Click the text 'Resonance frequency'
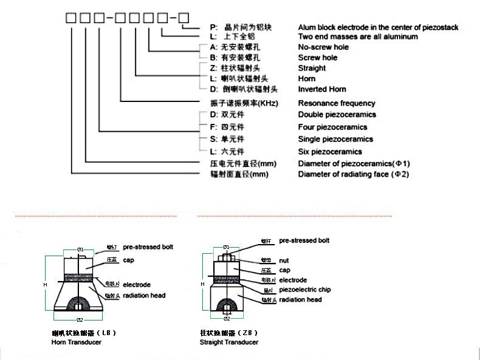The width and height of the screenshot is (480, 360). pyautogui.click(x=336, y=103)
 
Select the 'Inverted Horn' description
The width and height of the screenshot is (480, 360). pyautogui.click(x=321, y=89)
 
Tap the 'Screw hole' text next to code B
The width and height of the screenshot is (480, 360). pyautogui.click(x=317, y=58)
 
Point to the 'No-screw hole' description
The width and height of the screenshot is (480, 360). pyautogui.click(x=323, y=47)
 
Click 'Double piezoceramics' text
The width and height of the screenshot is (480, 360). pyautogui.click(x=337, y=115)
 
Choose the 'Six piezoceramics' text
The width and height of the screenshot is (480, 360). pyautogui.click(x=329, y=152)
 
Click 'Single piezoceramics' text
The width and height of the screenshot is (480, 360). pyautogui.click(x=335, y=139)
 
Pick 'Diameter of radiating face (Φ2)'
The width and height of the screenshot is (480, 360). pyautogui.click(x=353, y=175)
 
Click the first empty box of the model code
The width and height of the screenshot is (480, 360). pyautogui.click(x=70, y=18)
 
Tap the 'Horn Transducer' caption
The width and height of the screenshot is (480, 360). pyautogui.click(x=76, y=342)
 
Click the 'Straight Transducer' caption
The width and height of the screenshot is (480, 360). pyautogui.click(x=228, y=342)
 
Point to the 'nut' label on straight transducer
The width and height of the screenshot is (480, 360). pyautogui.click(x=284, y=260)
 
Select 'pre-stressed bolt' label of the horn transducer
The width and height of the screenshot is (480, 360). pyautogui.click(x=148, y=248)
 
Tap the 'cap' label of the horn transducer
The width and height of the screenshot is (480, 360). pyautogui.click(x=128, y=260)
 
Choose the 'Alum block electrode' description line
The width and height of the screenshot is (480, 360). pyautogui.click(x=377, y=27)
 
